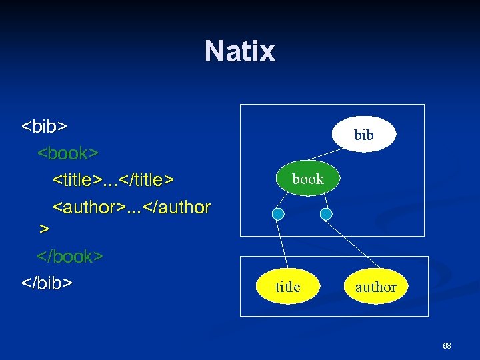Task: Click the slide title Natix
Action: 239,51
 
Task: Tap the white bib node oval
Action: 363,135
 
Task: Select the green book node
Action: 307,179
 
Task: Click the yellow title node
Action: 287,287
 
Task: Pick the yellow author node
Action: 375,287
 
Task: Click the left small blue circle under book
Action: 279,214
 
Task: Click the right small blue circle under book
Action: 326,214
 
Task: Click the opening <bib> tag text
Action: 45,126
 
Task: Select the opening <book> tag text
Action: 68,153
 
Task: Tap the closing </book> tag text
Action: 70,257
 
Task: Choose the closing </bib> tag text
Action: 47,283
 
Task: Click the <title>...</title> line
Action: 113,179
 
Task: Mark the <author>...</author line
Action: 131,207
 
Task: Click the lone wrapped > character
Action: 44,229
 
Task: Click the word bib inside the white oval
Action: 364,135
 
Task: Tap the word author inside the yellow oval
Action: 375,287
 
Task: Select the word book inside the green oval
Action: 308,179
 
